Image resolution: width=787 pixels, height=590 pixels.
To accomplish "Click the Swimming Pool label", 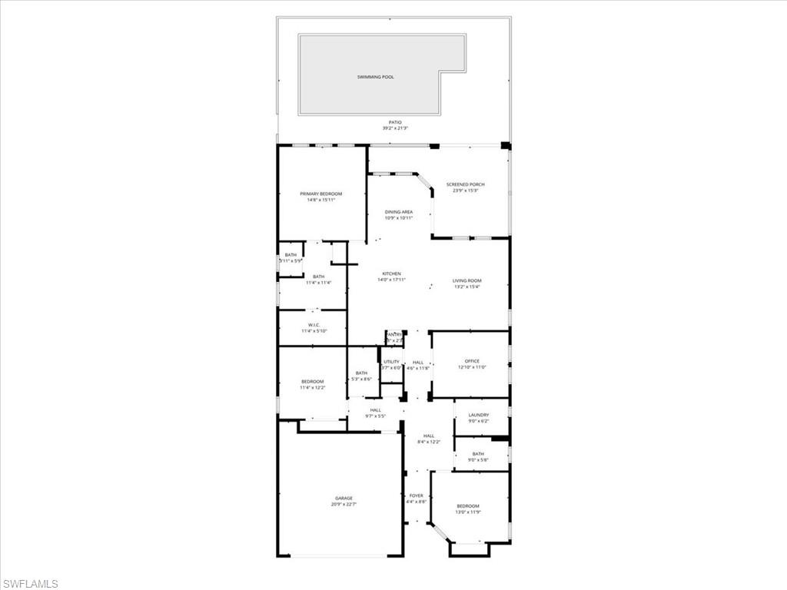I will pyautogui.click(x=375, y=77).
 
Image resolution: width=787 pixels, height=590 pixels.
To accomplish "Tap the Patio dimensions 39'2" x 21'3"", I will pyautogui.click(x=394, y=128).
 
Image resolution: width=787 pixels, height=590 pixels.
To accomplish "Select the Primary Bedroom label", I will pyautogui.click(x=320, y=194).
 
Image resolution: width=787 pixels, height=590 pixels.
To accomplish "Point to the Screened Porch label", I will pyautogui.click(x=466, y=184).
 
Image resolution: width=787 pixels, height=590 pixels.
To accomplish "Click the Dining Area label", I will pyautogui.click(x=399, y=211).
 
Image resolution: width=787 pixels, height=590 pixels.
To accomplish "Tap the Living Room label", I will pyautogui.click(x=467, y=280).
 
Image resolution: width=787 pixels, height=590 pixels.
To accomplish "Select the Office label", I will pyautogui.click(x=472, y=361).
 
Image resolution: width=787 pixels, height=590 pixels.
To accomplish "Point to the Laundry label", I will pyautogui.click(x=478, y=415).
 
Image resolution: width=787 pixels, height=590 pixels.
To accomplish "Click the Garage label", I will pyautogui.click(x=344, y=498).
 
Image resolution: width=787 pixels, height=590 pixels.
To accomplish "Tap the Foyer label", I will pyautogui.click(x=416, y=496).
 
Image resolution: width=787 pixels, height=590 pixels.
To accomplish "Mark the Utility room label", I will pyautogui.click(x=391, y=362).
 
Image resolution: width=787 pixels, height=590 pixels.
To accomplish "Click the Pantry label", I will pyautogui.click(x=394, y=334).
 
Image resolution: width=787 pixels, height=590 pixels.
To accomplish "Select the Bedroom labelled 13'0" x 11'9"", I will pyautogui.click(x=468, y=505).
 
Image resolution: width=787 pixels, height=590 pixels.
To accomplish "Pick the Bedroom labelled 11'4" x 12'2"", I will pyautogui.click(x=312, y=382).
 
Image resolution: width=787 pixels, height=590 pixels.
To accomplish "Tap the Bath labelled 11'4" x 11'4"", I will pyautogui.click(x=318, y=277).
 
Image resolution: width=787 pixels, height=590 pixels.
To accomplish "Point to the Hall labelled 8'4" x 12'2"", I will pyautogui.click(x=429, y=436).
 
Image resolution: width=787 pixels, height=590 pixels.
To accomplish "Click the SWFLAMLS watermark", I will pyautogui.click(x=31, y=583).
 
